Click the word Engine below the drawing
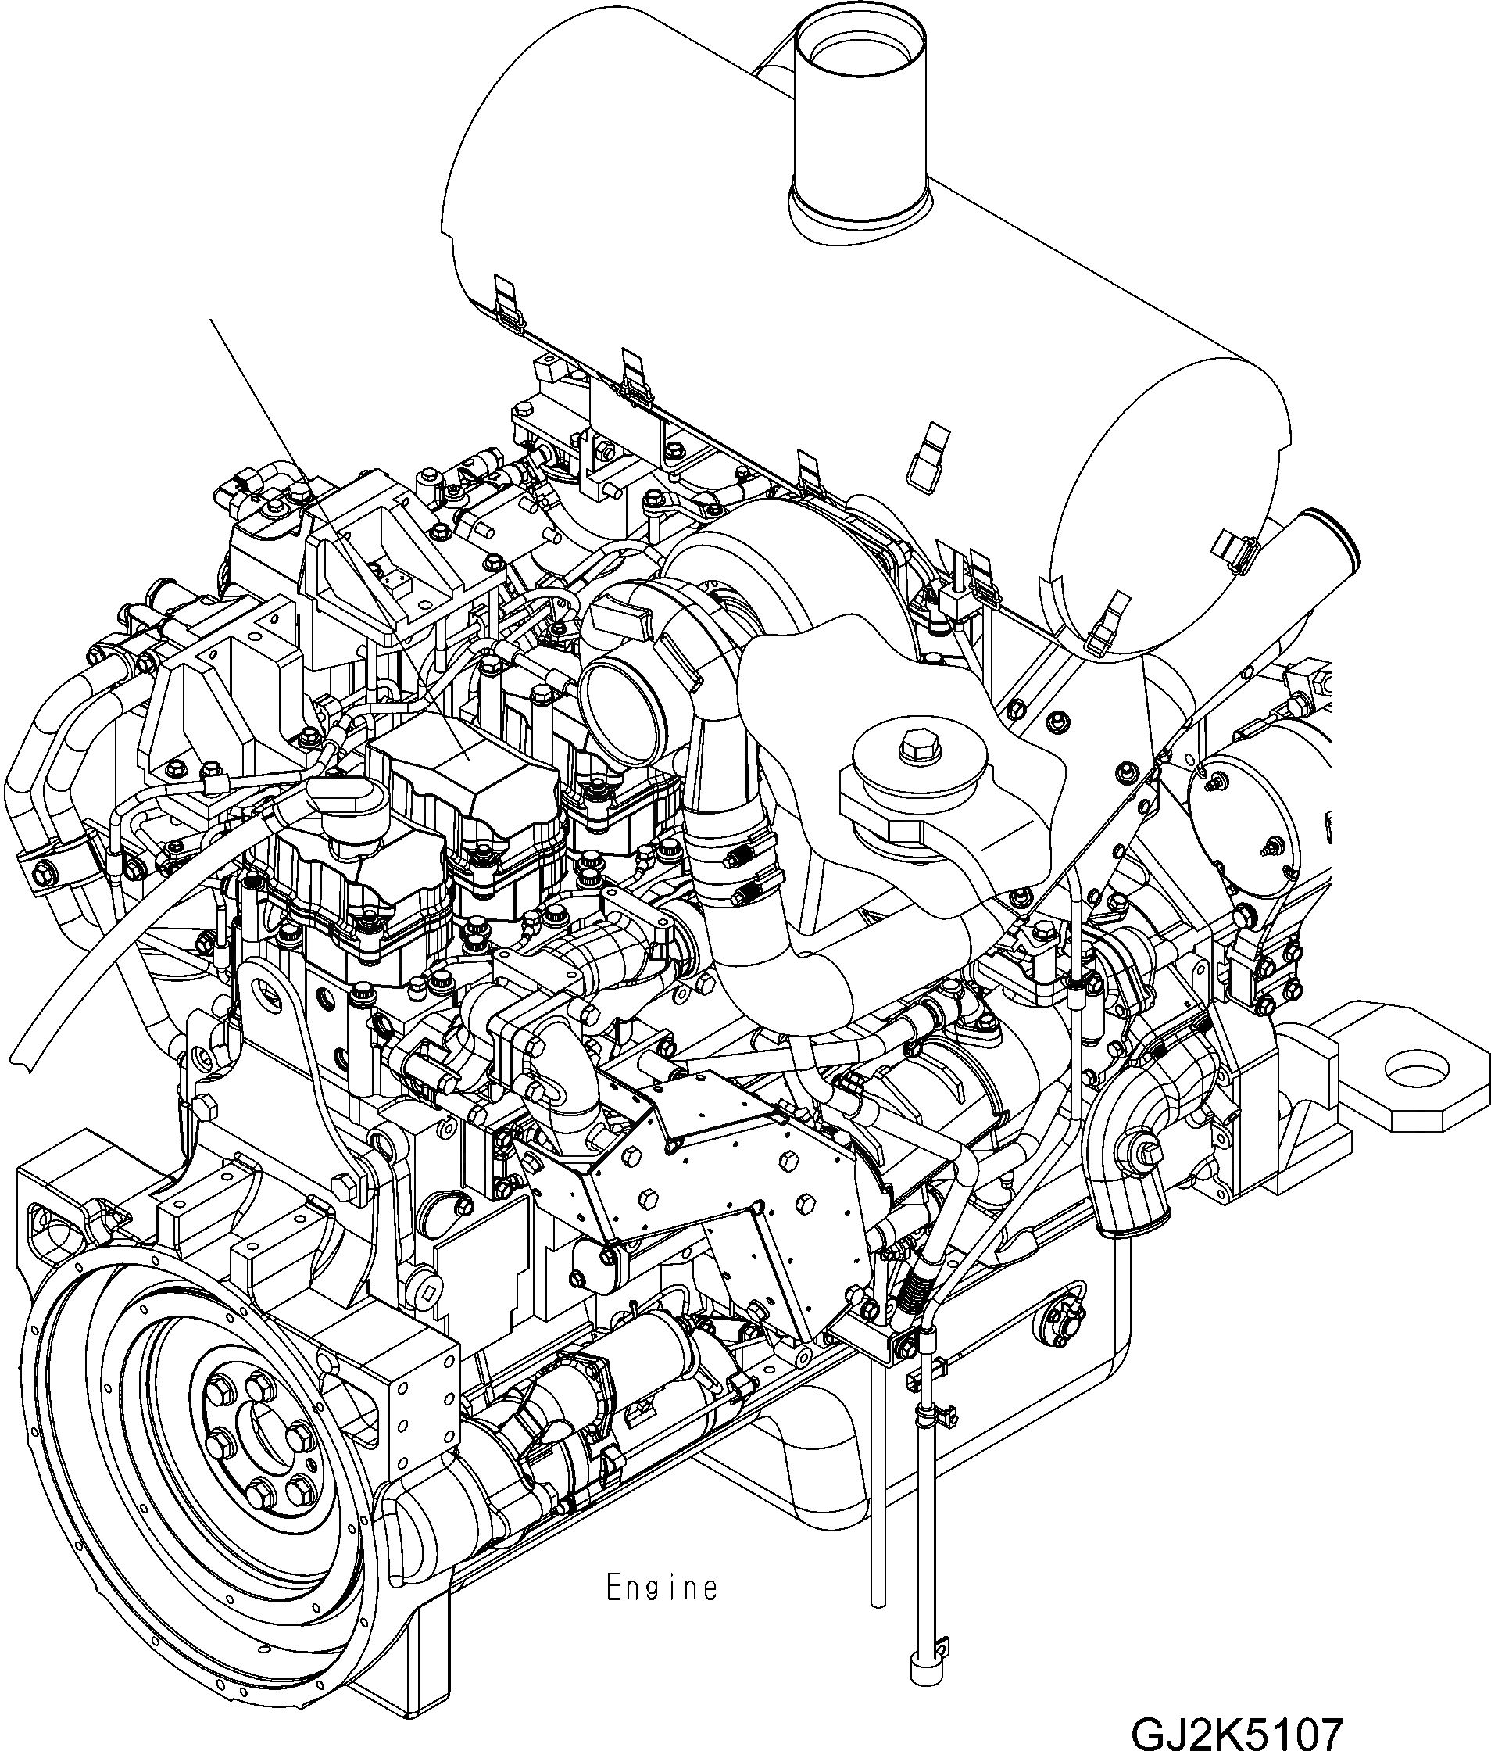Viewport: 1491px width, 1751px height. tap(661, 1588)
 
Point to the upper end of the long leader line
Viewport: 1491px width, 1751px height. tap(210, 320)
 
